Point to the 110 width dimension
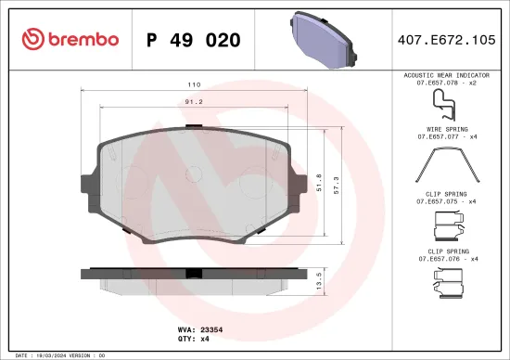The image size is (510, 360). click(x=196, y=83)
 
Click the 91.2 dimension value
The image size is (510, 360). click(x=196, y=101)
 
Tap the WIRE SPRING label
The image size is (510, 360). click(x=447, y=130)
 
